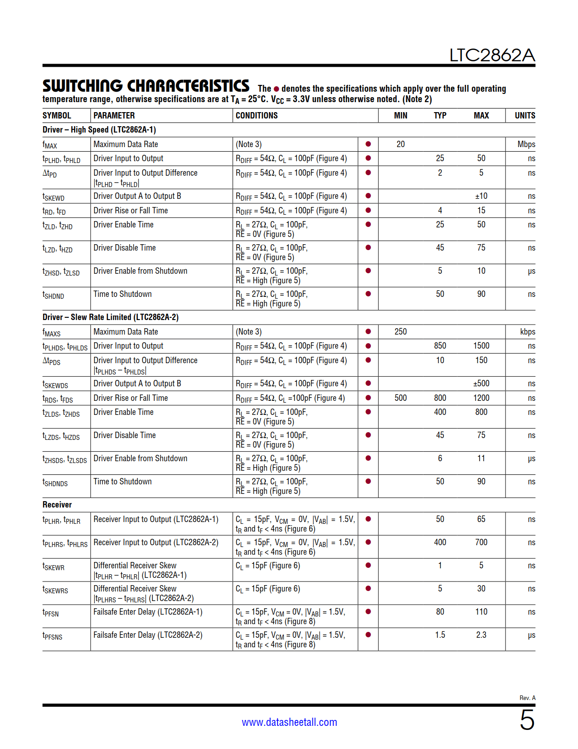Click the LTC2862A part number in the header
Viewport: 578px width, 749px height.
[492, 55]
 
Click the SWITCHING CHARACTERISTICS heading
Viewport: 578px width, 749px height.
[146, 86]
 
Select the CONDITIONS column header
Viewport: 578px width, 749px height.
[257, 116]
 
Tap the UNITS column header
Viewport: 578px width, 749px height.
[525, 116]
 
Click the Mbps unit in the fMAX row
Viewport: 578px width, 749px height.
[526, 144]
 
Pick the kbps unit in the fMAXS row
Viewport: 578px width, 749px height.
[527, 332]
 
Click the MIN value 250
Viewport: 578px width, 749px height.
[400, 332]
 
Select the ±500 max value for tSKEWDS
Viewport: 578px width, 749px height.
[481, 384]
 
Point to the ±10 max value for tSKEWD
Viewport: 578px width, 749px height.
[481, 196]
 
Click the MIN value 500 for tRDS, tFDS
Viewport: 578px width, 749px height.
[400, 398]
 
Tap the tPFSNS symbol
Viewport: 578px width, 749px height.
[53, 636]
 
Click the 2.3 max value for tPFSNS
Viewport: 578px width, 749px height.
[481, 635]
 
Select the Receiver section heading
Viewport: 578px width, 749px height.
[57, 505]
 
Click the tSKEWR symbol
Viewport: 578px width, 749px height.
[53, 567]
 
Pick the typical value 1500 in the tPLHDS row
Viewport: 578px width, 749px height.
[481, 346]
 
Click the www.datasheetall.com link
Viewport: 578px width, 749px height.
[289, 722]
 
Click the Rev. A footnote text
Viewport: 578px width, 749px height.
[527, 698]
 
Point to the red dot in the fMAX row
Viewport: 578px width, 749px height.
[368, 144]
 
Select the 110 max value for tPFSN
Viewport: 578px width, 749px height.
[481, 612]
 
